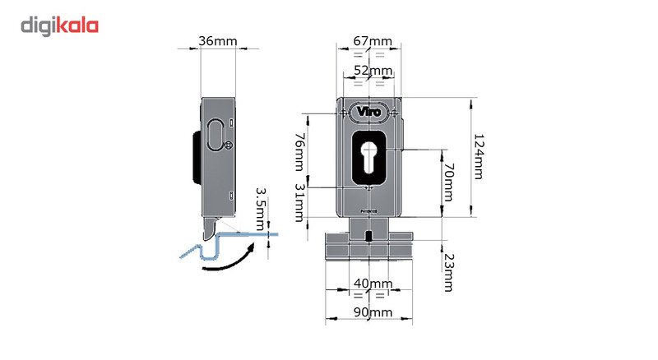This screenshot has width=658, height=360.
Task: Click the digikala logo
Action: [59, 25]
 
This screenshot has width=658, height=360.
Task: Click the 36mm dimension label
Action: [217, 40]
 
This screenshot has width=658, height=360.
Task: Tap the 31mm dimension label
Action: [300, 203]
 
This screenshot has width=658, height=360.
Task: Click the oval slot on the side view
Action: [215, 134]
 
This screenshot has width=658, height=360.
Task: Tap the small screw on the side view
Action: [228, 147]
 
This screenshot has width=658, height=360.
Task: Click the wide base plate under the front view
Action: [368, 247]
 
